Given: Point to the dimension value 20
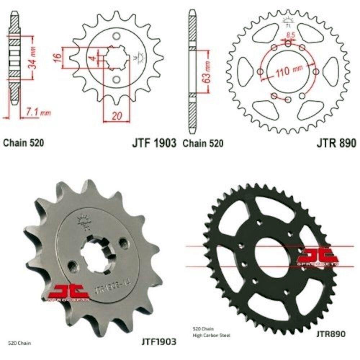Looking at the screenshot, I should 116,116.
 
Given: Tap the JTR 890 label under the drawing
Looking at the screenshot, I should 336,143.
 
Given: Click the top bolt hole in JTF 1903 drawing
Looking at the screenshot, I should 116,37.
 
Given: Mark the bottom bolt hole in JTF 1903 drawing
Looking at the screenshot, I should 116,79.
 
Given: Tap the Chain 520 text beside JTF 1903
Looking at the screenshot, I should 24,143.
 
